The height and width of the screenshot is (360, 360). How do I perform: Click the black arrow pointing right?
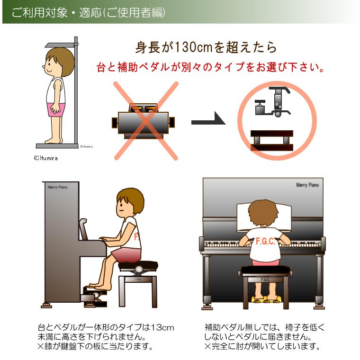point(208,119)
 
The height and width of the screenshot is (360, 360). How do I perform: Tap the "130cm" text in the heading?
point(194,47)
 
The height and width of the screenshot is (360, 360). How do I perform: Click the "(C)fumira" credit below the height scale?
point(45,158)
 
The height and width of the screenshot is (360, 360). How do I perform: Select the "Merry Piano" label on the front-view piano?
point(307,185)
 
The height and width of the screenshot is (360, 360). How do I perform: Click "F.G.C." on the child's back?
point(265,241)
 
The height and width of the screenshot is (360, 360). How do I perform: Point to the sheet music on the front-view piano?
point(264,217)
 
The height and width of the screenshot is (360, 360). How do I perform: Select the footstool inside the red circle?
point(272,140)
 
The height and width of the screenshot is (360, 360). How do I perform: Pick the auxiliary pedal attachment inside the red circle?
point(273,102)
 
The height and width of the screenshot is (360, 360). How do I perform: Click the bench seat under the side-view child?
point(138,266)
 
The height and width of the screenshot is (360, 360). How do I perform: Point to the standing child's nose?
point(44,67)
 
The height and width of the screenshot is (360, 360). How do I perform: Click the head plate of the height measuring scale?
point(60,45)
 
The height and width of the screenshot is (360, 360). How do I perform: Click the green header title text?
point(89,12)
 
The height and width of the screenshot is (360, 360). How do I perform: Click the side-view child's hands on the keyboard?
point(104,239)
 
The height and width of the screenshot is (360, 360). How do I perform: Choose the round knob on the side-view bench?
point(138,269)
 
